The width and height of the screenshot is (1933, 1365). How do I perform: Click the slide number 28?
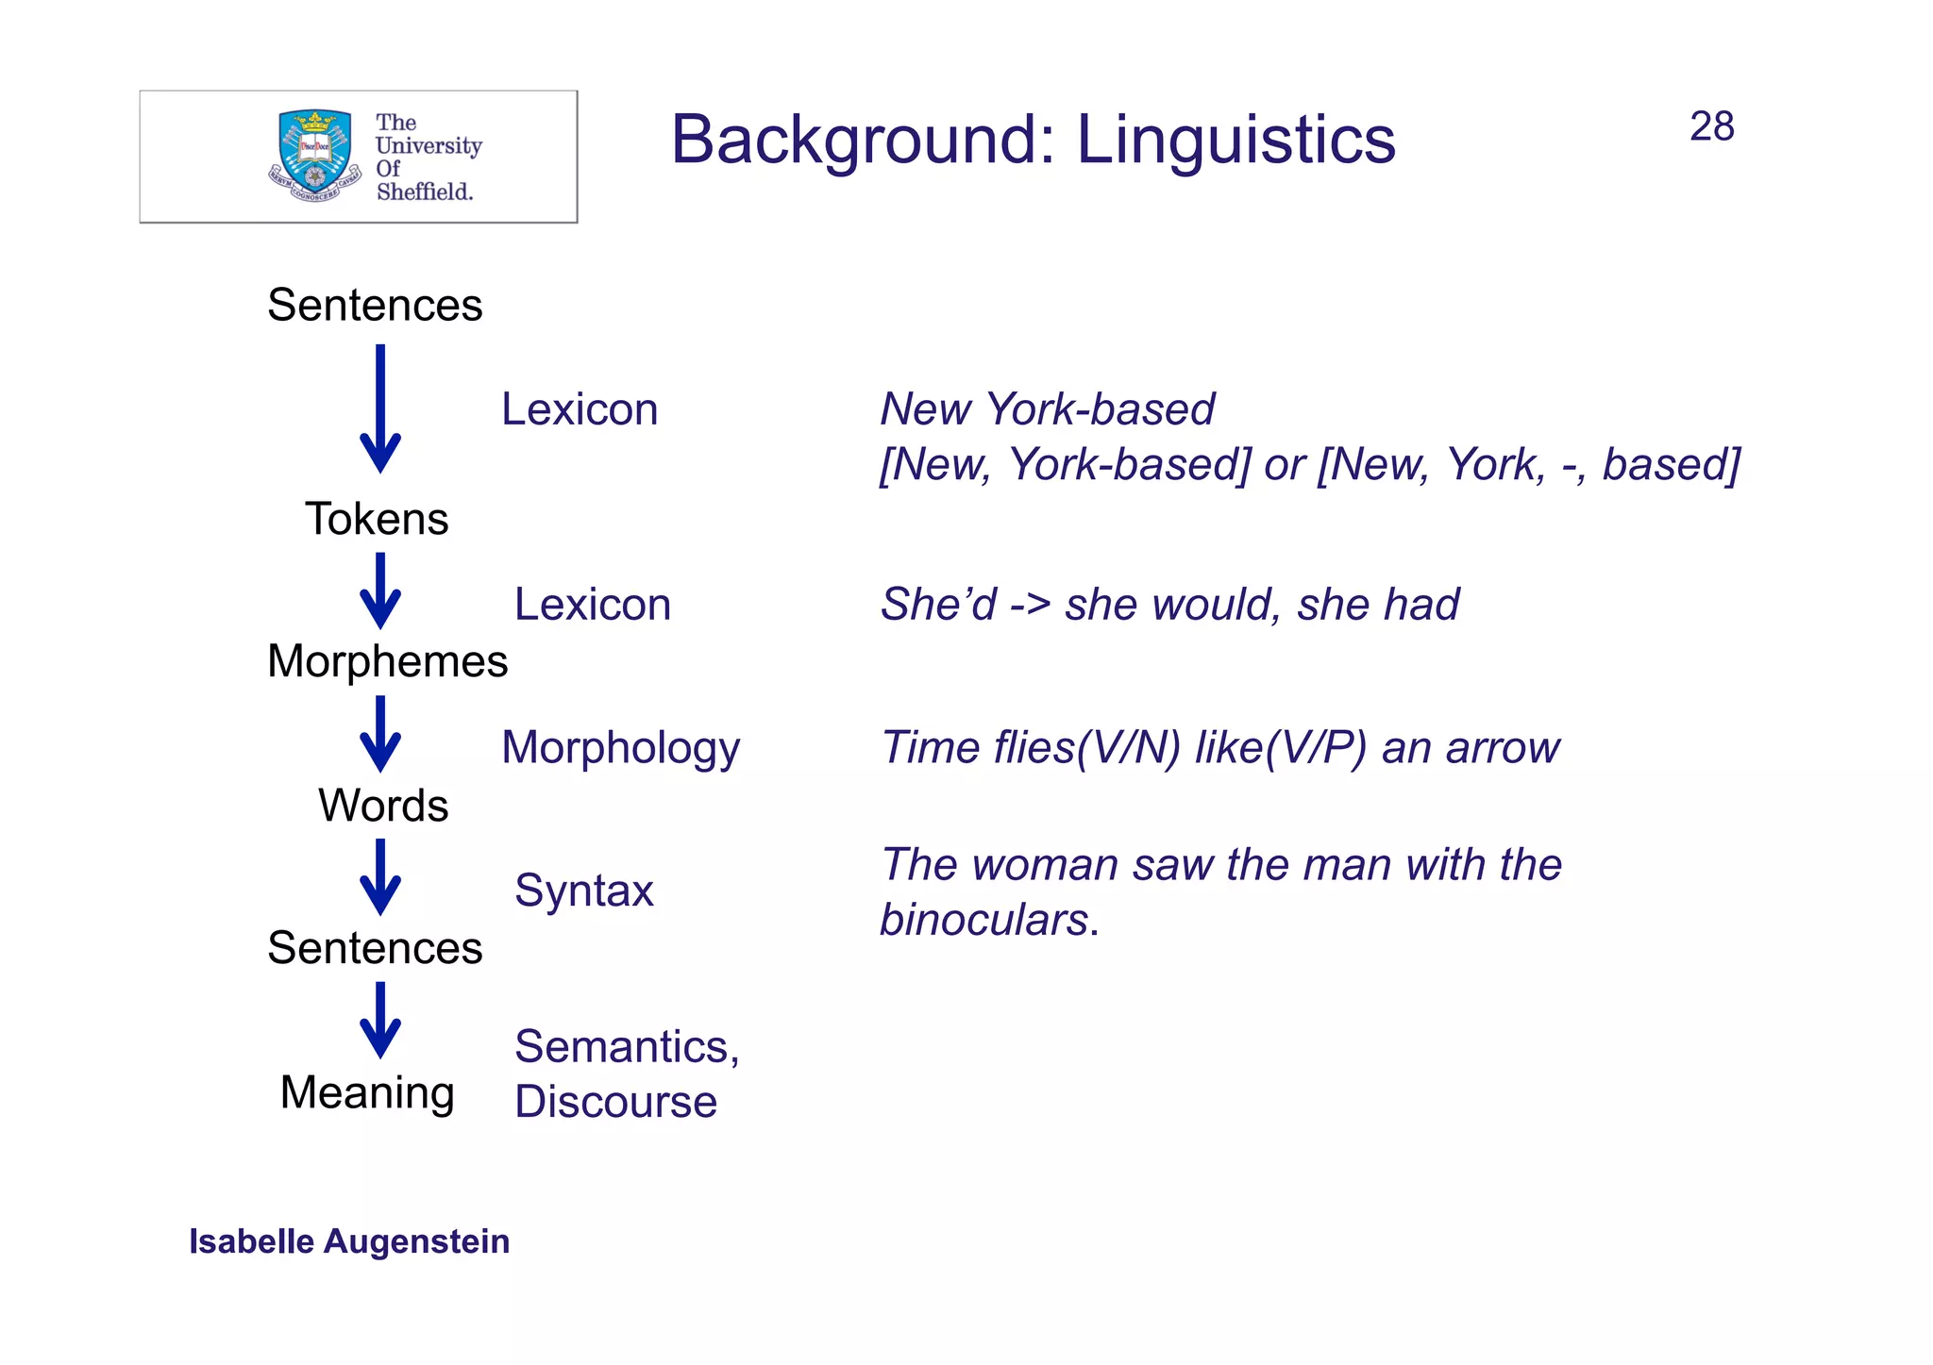(1710, 127)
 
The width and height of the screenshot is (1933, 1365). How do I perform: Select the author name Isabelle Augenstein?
(349, 1241)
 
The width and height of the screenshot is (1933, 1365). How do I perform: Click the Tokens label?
(377, 519)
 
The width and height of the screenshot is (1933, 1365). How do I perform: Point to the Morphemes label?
(387, 661)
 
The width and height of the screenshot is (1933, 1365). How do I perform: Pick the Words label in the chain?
(383, 806)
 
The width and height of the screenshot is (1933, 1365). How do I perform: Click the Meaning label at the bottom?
(367, 1092)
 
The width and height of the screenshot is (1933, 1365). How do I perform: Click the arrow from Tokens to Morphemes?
(380, 591)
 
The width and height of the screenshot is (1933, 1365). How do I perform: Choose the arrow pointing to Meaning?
(380, 1021)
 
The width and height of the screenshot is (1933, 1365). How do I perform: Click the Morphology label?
(620, 748)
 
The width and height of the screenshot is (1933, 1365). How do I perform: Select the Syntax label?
(583, 891)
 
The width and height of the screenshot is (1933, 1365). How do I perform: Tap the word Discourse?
(615, 1102)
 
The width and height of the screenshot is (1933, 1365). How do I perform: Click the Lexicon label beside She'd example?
(592, 605)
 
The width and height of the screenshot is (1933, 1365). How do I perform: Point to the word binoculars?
(984, 920)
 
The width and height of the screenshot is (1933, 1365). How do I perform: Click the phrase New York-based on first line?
(1047, 409)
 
